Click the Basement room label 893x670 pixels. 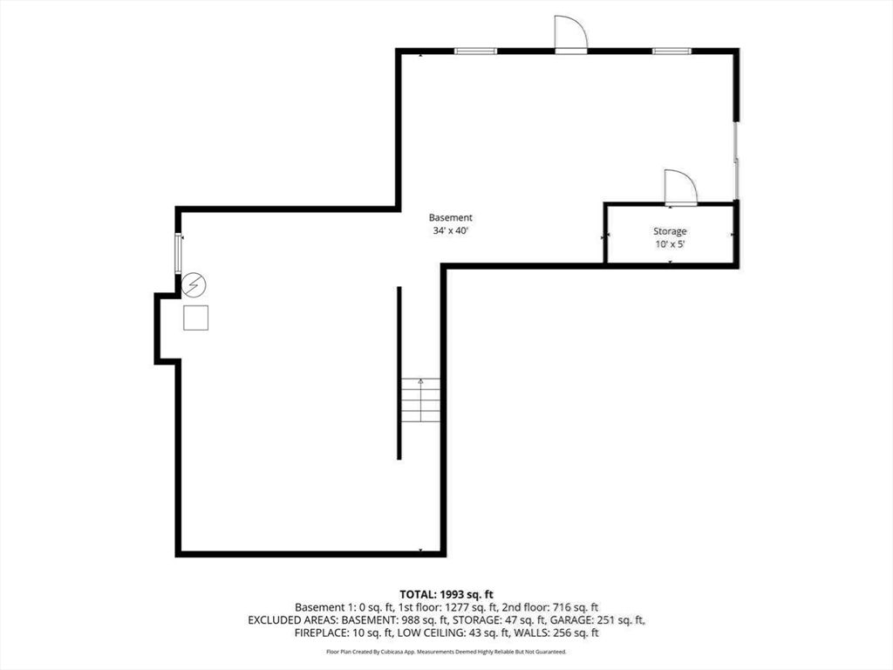(451, 217)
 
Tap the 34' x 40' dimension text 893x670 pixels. (451, 230)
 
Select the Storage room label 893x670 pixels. (670, 231)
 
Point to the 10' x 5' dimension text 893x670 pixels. (670, 244)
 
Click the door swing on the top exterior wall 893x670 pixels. (570, 34)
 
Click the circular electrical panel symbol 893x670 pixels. (194, 284)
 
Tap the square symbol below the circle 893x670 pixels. (196, 318)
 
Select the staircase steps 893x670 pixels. (421, 400)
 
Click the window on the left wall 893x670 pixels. (178, 253)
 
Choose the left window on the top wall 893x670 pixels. (475, 51)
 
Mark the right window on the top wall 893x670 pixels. (672, 51)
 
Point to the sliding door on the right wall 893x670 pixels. (736, 161)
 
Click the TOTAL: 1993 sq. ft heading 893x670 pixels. (446, 595)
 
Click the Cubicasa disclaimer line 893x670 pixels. (446, 652)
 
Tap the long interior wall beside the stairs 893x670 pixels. (399, 373)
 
